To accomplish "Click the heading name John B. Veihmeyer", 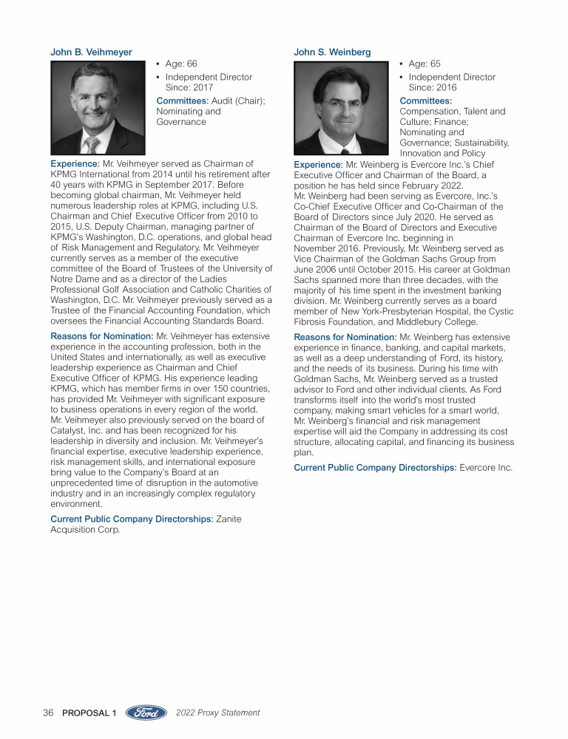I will (x=91, y=52).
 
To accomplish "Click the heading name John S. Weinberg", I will (x=332, y=52).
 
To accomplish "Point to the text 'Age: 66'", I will (x=181, y=64).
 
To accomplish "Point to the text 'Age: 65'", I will (x=425, y=64).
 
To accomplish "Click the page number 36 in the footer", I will (x=49, y=713).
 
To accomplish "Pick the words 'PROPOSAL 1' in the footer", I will (x=90, y=713).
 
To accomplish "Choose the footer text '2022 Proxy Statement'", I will (x=218, y=713).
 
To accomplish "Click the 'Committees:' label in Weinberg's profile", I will (x=425, y=101).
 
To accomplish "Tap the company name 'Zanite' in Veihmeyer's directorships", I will (x=228, y=520).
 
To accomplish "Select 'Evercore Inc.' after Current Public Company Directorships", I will (x=486, y=468).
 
